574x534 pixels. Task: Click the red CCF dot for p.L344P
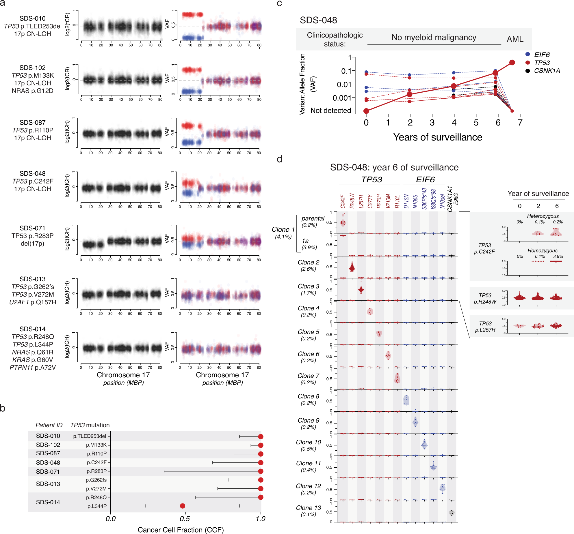tap(182, 506)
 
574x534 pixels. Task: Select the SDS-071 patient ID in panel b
tap(48, 471)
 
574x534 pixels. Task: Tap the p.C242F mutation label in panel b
tap(97, 462)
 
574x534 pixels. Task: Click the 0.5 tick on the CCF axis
tap(185, 518)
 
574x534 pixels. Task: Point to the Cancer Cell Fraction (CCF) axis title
tap(181, 530)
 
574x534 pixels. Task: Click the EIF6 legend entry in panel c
tap(542, 55)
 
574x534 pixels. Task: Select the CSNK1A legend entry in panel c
tap(547, 71)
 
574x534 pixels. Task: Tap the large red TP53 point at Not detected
tap(366, 111)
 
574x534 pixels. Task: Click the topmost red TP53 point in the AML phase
tap(512, 62)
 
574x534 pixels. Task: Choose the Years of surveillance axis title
tap(437, 137)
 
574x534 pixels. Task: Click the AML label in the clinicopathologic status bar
tap(515, 39)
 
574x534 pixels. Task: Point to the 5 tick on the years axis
tap(476, 123)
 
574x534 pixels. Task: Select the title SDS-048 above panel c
tap(318, 20)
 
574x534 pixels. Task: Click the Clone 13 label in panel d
tap(308, 508)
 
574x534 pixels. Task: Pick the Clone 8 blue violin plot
tap(406, 400)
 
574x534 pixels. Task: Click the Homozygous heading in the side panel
tap(542, 250)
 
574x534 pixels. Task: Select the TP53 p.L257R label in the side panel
tap(485, 326)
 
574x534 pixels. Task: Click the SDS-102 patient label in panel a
tap(32, 68)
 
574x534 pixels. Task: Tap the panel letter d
tap(279, 159)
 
